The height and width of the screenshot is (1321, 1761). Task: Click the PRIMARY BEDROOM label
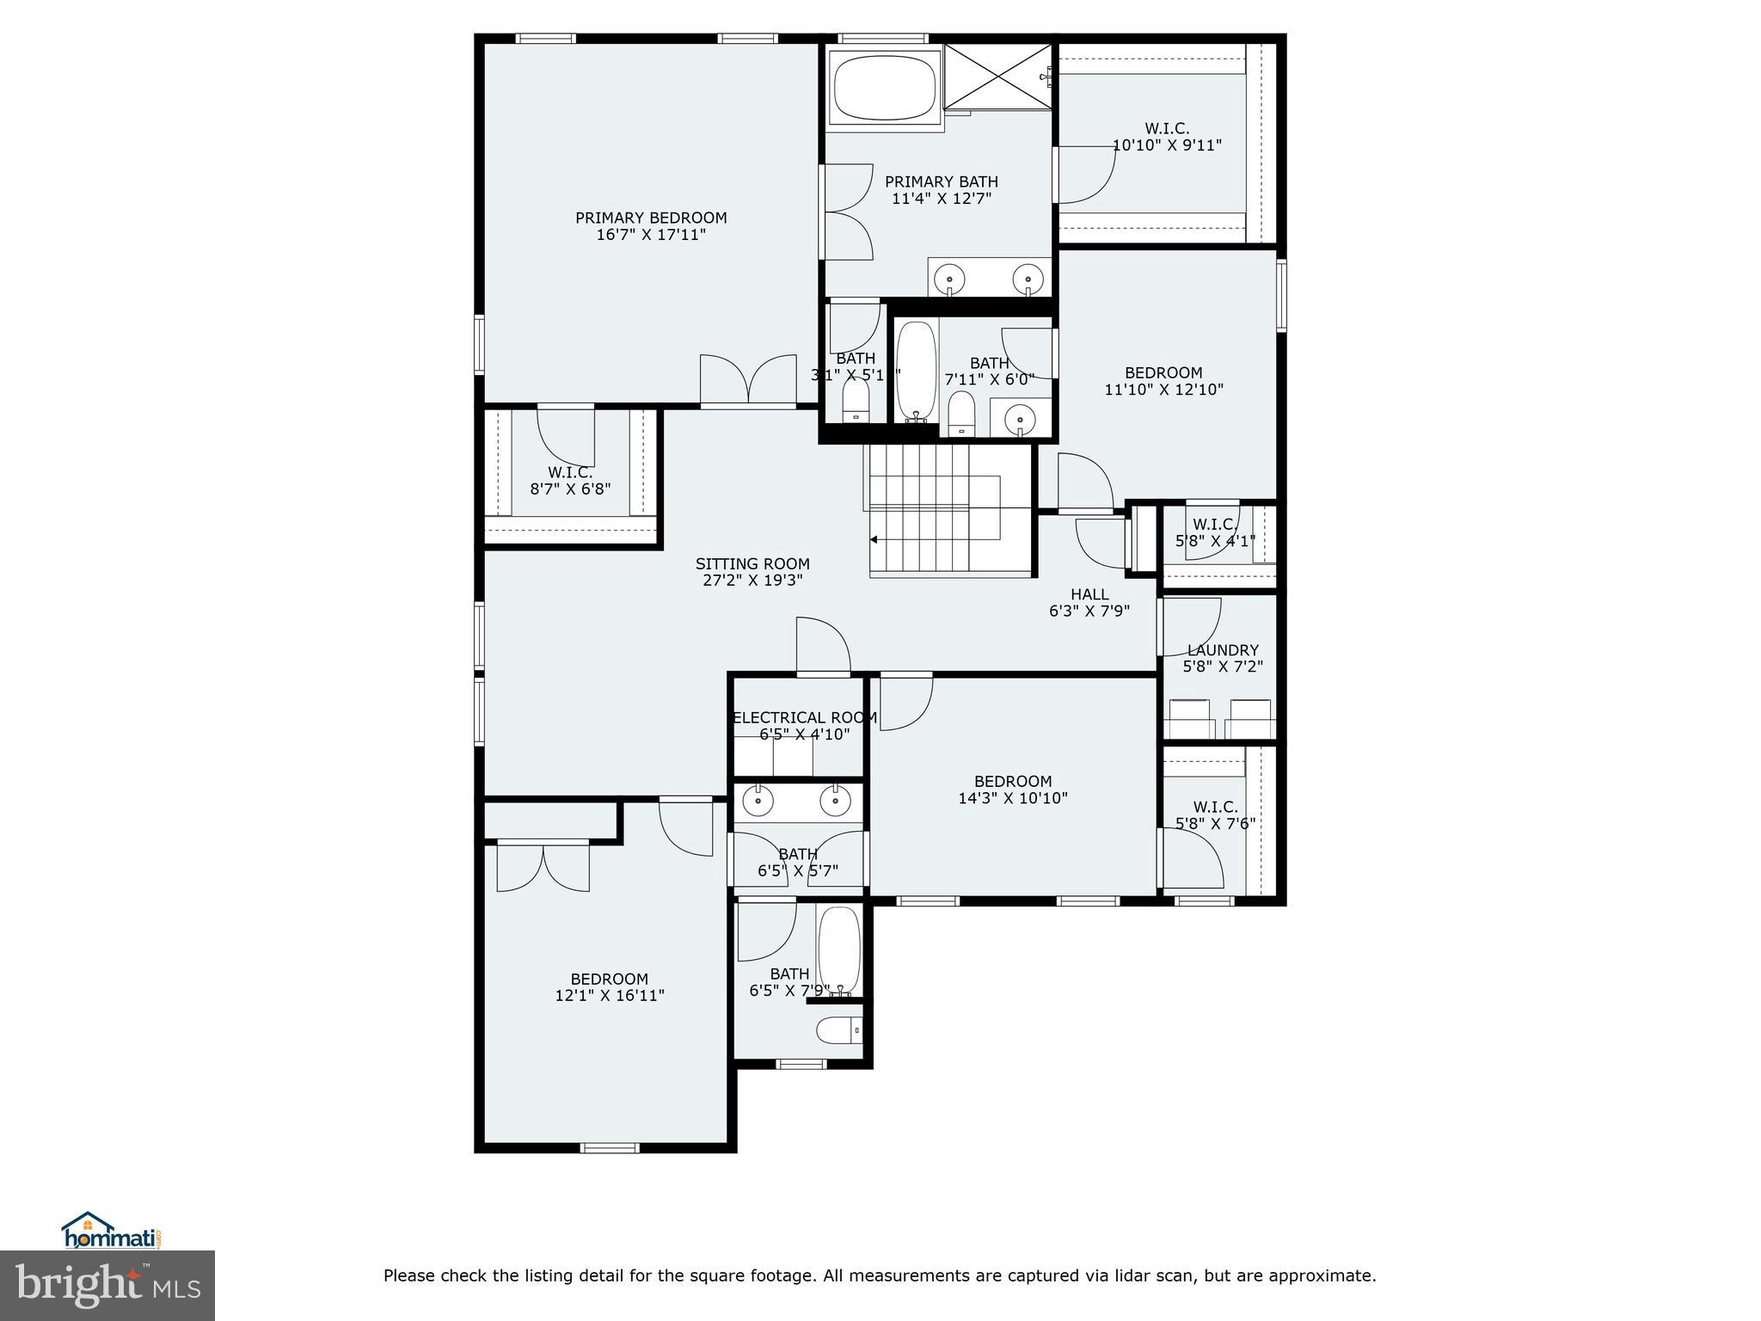651,218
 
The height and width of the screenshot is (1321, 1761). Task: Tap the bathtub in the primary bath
885,89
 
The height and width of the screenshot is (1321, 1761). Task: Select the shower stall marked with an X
999,77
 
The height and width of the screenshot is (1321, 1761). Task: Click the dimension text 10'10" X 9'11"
1167,145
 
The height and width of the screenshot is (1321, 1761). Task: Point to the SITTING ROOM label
752,564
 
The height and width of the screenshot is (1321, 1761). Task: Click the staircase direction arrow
874,540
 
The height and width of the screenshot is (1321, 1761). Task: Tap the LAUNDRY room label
1223,650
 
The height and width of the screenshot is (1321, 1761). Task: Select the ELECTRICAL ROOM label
804,717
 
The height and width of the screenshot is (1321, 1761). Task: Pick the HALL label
1089,594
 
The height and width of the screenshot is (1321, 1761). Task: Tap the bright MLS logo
107,1286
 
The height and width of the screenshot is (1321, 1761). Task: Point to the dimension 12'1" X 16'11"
610,996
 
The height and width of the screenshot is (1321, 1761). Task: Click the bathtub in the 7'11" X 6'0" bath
917,372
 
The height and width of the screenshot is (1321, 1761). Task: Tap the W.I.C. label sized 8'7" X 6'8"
570,472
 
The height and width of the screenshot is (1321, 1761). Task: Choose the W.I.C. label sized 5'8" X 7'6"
1215,807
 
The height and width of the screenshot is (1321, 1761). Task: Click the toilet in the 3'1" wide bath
856,401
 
